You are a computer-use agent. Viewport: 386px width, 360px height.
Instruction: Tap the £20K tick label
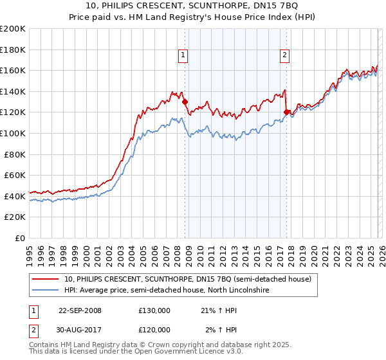pyautogui.click(x=15, y=217)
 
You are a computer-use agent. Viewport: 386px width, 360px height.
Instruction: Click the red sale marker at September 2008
pyautogui.click(x=185, y=102)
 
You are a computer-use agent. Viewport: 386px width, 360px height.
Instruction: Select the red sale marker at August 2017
pyautogui.click(x=286, y=112)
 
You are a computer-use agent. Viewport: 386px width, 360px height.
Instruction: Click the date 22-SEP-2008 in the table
pyautogui.click(x=80, y=310)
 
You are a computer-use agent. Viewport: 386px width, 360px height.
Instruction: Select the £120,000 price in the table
pyautogui.click(x=154, y=330)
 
